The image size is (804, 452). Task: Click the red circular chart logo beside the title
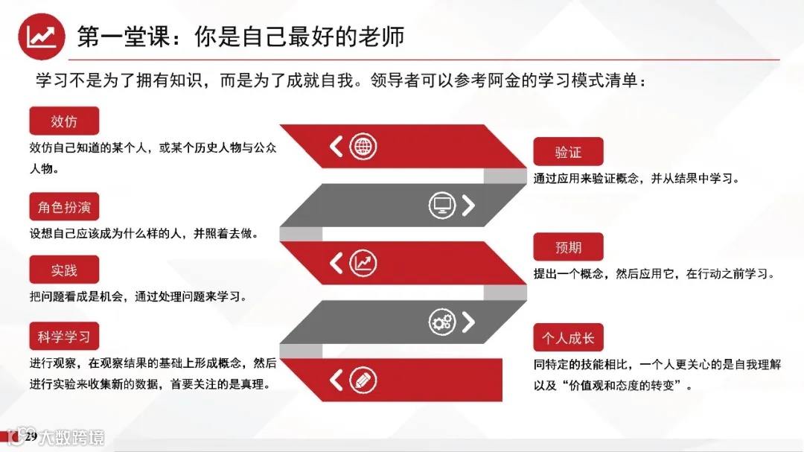(x=41, y=36)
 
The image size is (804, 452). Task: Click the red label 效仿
(x=64, y=121)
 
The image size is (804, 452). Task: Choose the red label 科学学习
(x=64, y=337)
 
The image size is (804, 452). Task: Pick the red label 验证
(x=568, y=152)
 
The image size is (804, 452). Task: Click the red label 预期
(x=568, y=247)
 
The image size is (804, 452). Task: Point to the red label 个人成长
(x=568, y=337)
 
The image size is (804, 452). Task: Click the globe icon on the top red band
(x=363, y=146)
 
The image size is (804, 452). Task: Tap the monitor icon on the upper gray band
(x=442, y=205)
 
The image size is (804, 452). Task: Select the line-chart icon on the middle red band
(x=363, y=263)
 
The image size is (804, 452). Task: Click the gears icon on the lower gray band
(x=441, y=322)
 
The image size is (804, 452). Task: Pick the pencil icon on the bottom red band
(x=363, y=380)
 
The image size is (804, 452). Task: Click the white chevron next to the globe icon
(x=336, y=146)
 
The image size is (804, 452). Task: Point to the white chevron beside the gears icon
(x=468, y=322)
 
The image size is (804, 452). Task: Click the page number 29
(x=31, y=436)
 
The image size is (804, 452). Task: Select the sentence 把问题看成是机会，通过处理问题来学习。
(x=138, y=296)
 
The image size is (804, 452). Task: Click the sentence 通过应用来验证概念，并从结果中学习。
(x=636, y=179)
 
